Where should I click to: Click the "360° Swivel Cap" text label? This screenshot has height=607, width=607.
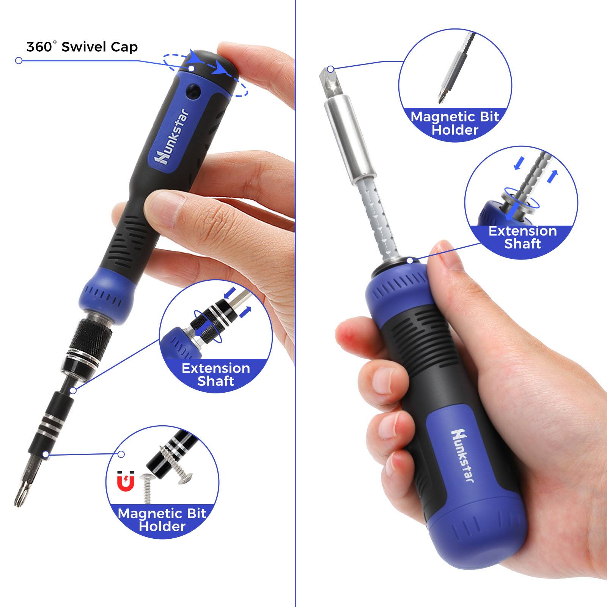click(x=82, y=47)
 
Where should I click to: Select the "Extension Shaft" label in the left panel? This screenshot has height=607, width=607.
click(x=215, y=374)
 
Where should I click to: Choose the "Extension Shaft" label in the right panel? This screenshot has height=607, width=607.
click(x=522, y=237)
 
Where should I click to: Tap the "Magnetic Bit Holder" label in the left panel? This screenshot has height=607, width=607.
click(x=162, y=520)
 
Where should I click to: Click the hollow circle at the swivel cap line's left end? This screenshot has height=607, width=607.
click(x=19, y=61)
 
